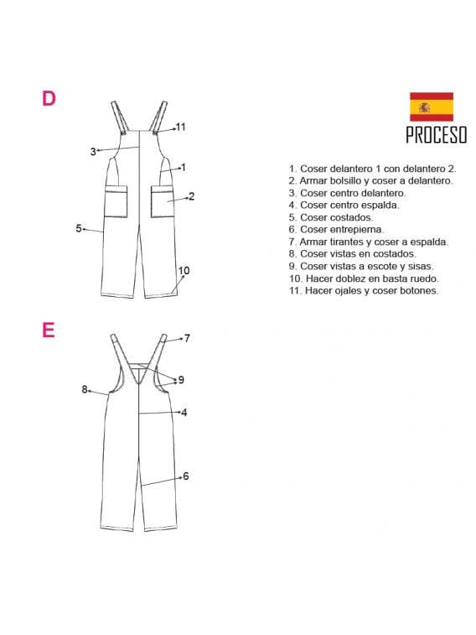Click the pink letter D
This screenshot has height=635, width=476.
pos(49,98)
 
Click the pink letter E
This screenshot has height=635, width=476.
pos(48,330)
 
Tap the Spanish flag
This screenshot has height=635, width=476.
pos(431,107)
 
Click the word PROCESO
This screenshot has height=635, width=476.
pos(437,135)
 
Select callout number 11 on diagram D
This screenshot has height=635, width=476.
pos(180,127)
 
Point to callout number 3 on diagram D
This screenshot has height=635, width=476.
pos(93,152)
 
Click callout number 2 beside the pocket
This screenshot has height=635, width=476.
pos(192,196)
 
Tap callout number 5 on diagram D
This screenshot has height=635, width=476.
pos(79,228)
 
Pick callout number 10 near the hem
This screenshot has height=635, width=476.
pos(184,270)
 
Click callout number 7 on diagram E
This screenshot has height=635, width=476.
pos(187,338)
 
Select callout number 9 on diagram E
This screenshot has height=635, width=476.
pos(181,380)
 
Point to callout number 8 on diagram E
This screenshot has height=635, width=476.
pos(85,389)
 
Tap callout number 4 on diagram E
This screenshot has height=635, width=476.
pos(184,413)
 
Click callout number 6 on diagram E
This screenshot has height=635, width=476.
pos(186,476)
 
